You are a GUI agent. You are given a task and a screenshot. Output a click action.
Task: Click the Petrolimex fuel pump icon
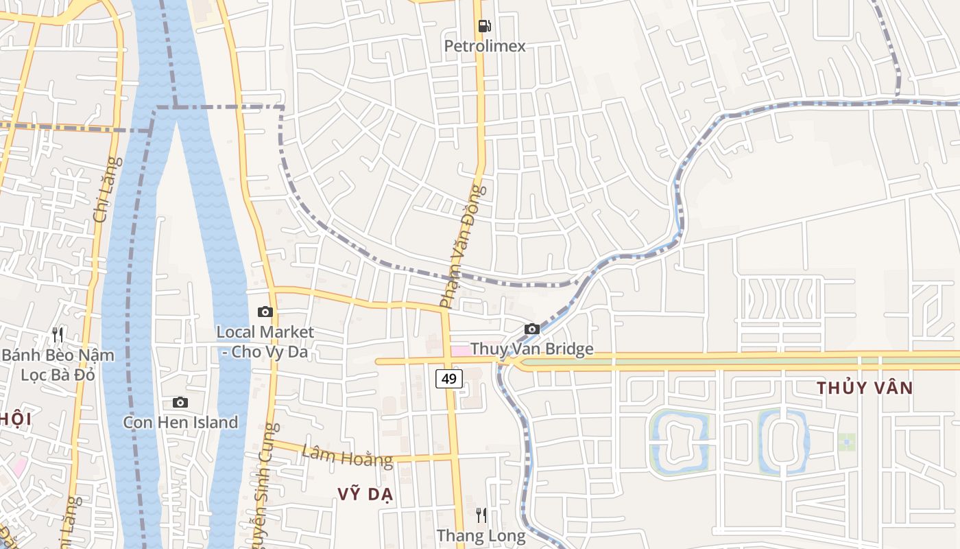click(x=484, y=26)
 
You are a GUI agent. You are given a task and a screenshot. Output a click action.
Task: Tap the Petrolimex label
click(x=485, y=46)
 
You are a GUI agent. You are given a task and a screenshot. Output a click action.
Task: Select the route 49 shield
click(x=448, y=378)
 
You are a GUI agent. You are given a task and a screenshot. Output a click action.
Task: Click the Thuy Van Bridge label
click(x=532, y=349)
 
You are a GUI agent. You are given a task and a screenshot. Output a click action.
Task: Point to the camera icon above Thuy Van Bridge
click(x=531, y=329)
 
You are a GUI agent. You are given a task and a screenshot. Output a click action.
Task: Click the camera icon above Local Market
click(x=265, y=312)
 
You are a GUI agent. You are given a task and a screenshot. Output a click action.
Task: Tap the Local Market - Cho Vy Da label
click(x=265, y=342)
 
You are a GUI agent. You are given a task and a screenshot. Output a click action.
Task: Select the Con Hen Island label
click(x=180, y=422)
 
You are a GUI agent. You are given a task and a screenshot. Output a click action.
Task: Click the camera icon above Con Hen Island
click(x=180, y=402)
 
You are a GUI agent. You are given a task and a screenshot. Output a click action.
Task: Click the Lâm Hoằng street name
click(x=347, y=456)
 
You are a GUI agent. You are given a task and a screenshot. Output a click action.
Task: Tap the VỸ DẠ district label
click(x=365, y=495)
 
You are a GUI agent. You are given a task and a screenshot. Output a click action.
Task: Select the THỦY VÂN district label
click(x=864, y=388)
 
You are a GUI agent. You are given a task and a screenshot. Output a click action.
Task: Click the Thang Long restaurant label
click(x=481, y=535)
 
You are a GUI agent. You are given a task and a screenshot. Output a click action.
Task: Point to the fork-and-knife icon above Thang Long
click(x=481, y=515)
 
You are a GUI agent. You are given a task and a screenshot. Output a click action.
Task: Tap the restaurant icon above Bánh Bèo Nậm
click(x=58, y=335)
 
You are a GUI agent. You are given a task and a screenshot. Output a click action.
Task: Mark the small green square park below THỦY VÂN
click(x=846, y=442)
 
